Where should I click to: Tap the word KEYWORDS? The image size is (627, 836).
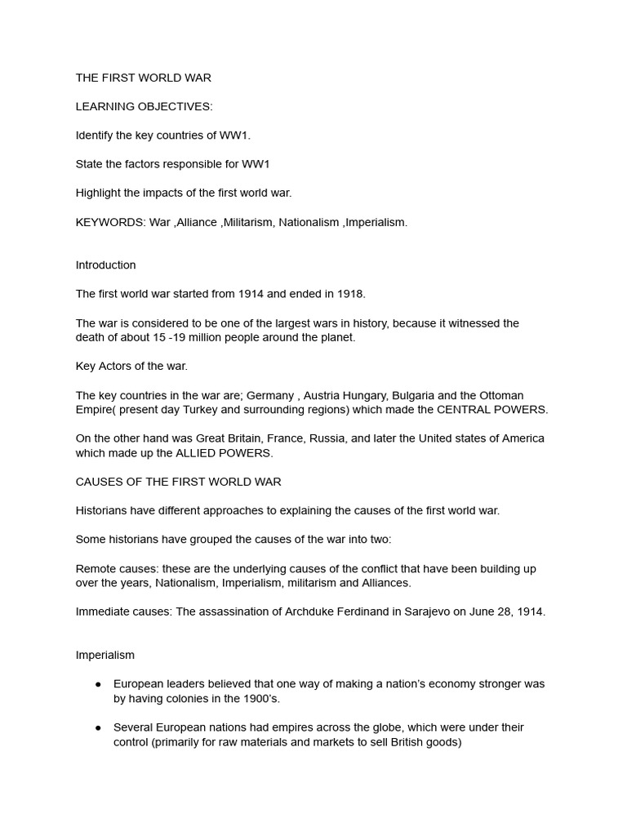pyautogui.click(x=109, y=222)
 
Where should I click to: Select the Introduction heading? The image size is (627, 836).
pyautogui.click(x=106, y=265)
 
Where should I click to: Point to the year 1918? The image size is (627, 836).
pyautogui.click(x=349, y=294)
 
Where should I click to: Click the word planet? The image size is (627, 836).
pyautogui.click(x=337, y=337)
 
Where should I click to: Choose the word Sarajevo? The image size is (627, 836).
pyautogui.click(x=432, y=611)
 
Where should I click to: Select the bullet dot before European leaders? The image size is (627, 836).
pyautogui.click(x=98, y=684)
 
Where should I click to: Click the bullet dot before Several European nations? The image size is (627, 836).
pyautogui.click(x=98, y=727)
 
